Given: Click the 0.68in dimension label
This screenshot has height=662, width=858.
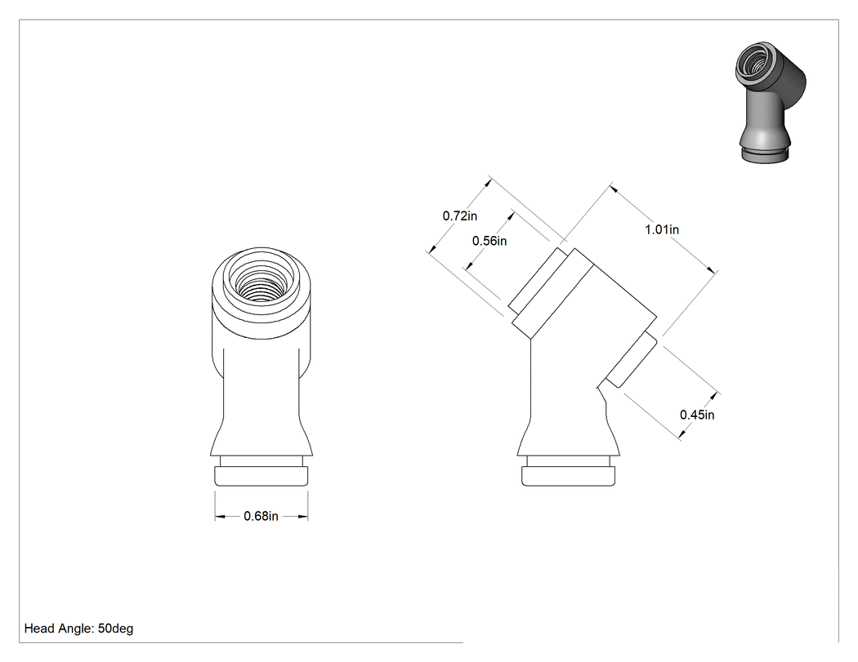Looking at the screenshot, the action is pos(261,516).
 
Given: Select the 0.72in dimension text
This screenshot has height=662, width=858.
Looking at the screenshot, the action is pos(459,216).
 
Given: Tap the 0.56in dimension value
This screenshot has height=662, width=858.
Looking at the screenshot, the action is pos(489,241).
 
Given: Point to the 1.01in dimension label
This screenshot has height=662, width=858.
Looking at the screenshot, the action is pos(662,229).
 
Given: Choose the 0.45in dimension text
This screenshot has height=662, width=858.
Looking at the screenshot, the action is pos(697,415).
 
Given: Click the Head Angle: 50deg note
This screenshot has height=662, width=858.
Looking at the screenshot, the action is pos(78,629).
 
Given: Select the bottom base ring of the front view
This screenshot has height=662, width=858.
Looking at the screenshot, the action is pos(261,476).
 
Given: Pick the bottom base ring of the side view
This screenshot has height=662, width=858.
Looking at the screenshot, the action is pos(569,476).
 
